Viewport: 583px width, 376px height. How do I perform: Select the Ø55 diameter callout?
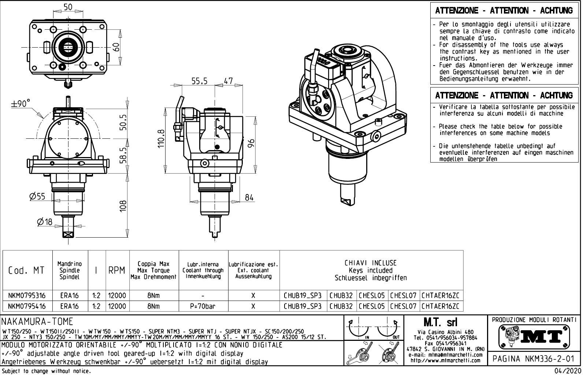click(x=37, y=197)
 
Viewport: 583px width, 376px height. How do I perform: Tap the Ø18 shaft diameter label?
click(x=45, y=221)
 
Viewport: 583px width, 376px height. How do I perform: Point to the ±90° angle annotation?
click(x=21, y=104)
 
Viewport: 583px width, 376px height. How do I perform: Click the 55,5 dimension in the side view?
click(x=200, y=81)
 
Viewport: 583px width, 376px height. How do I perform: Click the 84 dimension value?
click(x=249, y=197)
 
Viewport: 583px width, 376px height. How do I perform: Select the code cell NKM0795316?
click(x=27, y=295)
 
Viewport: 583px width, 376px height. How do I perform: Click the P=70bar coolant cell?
click(x=203, y=306)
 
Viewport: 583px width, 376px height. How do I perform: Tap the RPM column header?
click(x=117, y=271)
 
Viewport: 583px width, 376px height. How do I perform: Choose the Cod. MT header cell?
click(x=26, y=271)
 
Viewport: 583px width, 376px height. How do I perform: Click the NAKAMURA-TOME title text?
click(x=38, y=322)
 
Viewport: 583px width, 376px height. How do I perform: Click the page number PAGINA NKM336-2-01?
click(x=534, y=358)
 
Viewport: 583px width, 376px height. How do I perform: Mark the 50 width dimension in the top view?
click(x=68, y=7)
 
